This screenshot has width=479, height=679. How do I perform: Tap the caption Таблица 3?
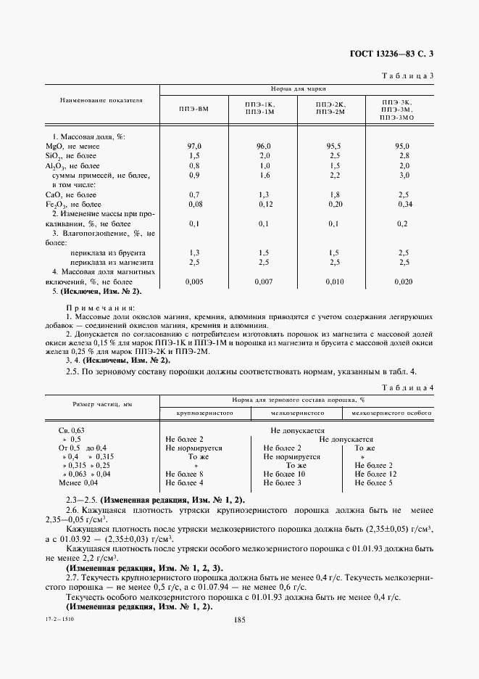tap(407, 75)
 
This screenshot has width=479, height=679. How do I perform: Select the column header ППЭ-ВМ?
tap(195, 109)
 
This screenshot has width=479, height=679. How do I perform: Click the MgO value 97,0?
tap(194, 146)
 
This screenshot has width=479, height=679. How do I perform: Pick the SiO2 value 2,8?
tap(404, 156)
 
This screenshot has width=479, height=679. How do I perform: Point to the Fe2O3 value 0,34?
tap(404, 205)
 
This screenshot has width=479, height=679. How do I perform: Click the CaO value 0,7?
tap(194, 194)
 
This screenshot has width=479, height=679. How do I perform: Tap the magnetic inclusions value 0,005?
tap(194, 281)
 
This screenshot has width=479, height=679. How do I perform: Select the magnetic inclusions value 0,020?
tap(404, 281)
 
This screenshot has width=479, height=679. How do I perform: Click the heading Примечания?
tap(96, 308)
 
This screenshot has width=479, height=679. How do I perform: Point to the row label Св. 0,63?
tap(72, 429)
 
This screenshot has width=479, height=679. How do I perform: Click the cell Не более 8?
tap(185, 474)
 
